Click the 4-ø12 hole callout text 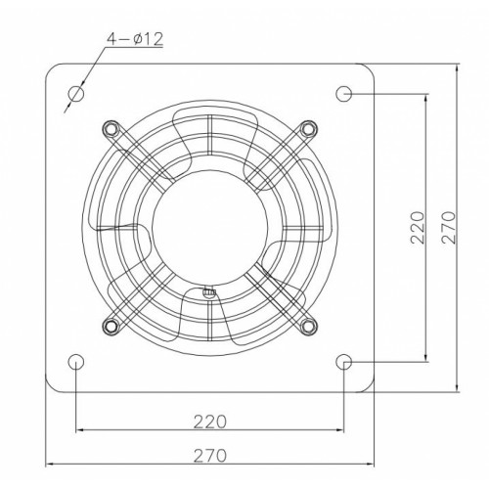pyautogui.click(x=135, y=39)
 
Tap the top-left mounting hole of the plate pyautogui.click(x=76, y=94)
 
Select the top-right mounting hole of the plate pyautogui.click(x=343, y=94)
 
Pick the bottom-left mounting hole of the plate pyautogui.click(x=76, y=362)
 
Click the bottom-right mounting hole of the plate pyautogui.click(x=343, y=362)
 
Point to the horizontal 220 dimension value pyautogui.click(x=209, y=422)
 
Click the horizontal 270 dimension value pyautogui.click(x=209, y=456)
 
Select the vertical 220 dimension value pyautogui.click(x=418, y=228)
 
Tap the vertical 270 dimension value pyautogui.click(x=449, y=228)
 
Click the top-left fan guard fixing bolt pyautogui.click(x=111, y=129)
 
